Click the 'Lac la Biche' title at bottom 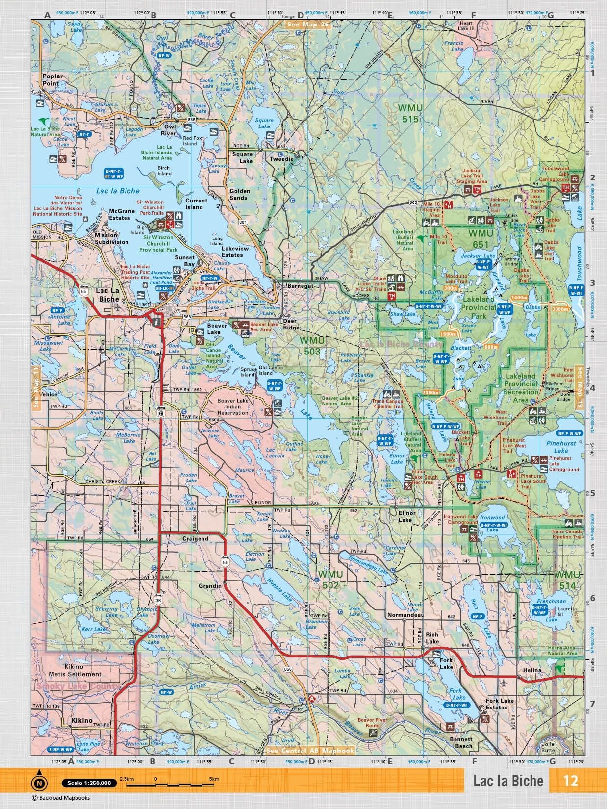pyautogui.click(x=508, y=781)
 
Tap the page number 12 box pyautogui.click(x=571, y=781)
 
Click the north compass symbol pyautogui.click(x=39, y=783)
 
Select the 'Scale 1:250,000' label pyautogui.click(x=89, y=783)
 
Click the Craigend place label pyautogui.click(x=195, y=538)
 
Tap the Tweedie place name pyautogui.click(x=281, y=159)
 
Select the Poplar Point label pyautogui.click(x=51, y=80)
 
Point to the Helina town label pyautogui.click(x=531, y=670)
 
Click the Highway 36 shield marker pyautogui.click(x=158, y=600)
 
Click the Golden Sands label pyautogui.click(x=240, y=194)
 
